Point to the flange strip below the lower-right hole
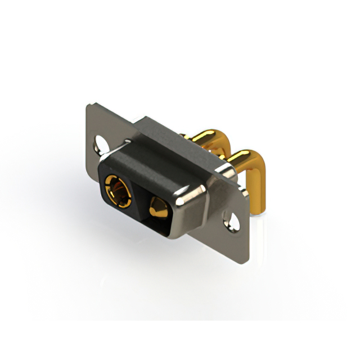tap(236, 239)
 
